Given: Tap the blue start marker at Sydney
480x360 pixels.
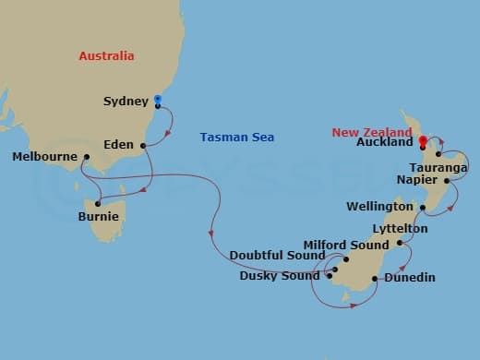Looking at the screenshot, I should pos(158,99).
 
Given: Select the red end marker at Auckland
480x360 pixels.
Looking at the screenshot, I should pos(422,141).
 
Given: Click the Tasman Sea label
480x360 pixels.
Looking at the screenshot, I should pos(236,138).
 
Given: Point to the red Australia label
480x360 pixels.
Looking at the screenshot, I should pos(106,56).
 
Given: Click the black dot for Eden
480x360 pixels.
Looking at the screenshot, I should pos(143,145).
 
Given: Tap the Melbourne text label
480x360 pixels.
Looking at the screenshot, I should pos(44,157).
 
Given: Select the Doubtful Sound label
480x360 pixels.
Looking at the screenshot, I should pos(277,256).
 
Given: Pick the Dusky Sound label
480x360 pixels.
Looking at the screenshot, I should pos(279,275).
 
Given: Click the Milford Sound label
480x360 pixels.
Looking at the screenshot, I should pos(346,246).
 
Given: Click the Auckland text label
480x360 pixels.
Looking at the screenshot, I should pos(381,145).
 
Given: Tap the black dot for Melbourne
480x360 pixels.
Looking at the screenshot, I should pos(85,157).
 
